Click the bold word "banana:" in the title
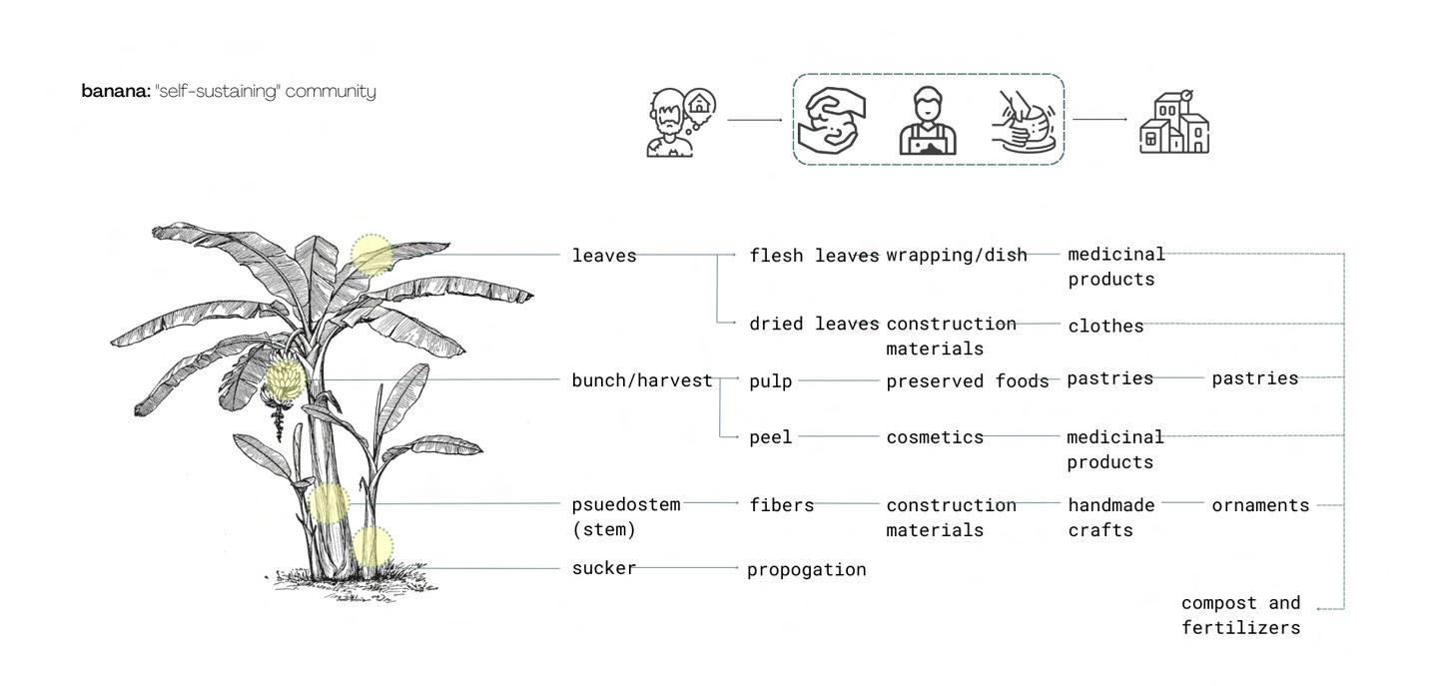pos(116,92)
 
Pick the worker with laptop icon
pos(928,122)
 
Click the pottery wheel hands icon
pos(1025,122)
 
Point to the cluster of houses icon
pos(1174,124)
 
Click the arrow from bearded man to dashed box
pos(755,120)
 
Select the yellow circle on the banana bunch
pos(284,379)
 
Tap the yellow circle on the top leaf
pos(371,255)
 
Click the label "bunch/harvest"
pos(642,380)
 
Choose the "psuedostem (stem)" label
pos(626,517)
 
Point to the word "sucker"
pos(604,568)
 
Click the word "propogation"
pos(807,569)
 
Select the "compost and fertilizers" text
pos(1241,615)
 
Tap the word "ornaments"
pos(1260,505)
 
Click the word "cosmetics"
pos(935,437)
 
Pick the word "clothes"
pos(1105,326)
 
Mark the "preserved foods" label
pos(968,380)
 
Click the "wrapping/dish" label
pos(957,255)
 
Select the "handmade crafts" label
pos(1110,517)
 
